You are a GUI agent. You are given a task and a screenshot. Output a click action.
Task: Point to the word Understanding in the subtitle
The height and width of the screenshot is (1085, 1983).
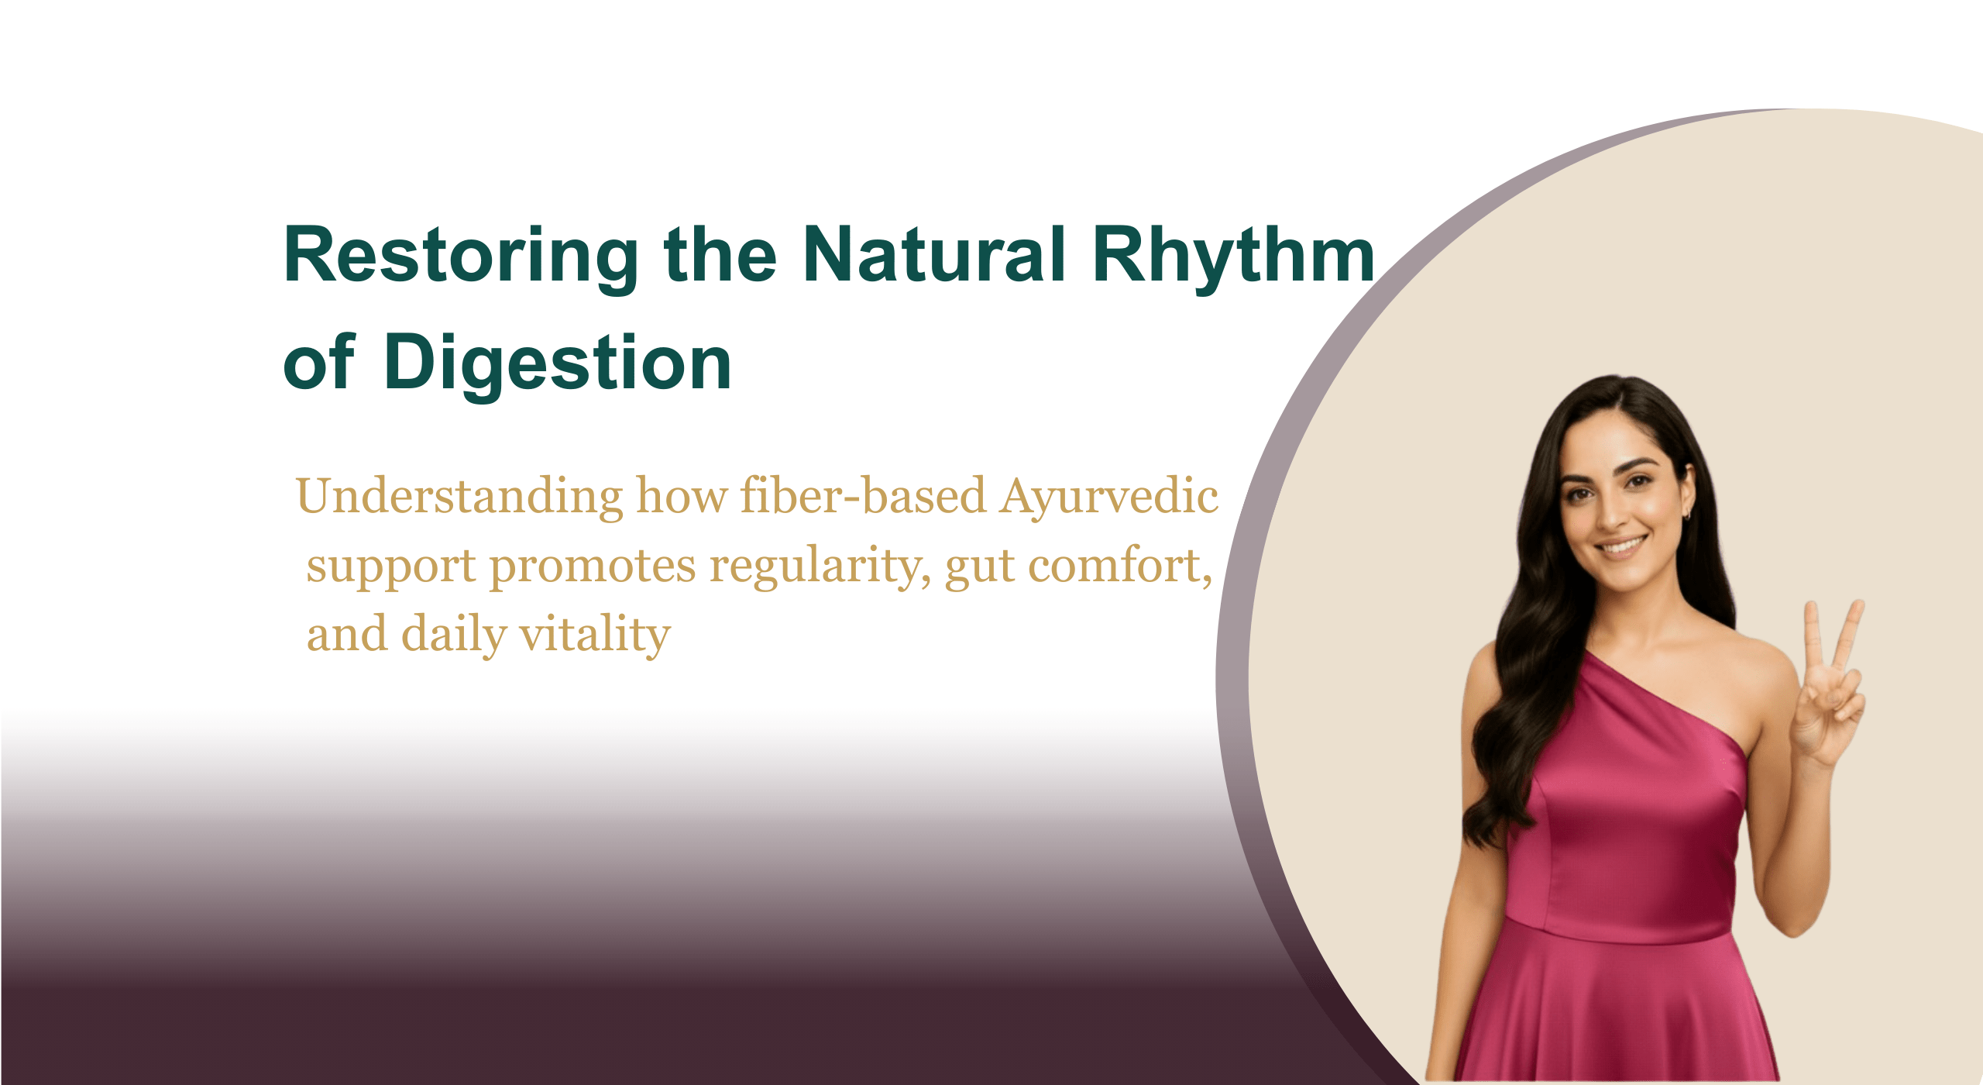pyautogui.click(x=459, y=498)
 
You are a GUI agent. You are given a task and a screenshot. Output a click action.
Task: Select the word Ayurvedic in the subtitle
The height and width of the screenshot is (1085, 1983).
pyautogui.click(x=1108, y=498)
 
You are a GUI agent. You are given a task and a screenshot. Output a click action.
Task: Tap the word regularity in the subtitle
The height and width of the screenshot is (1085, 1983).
pyautogui.click(x=820, y=567)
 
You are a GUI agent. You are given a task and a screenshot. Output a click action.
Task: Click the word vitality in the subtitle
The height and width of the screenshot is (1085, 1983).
pyautogui.click(x=594, y=635)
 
